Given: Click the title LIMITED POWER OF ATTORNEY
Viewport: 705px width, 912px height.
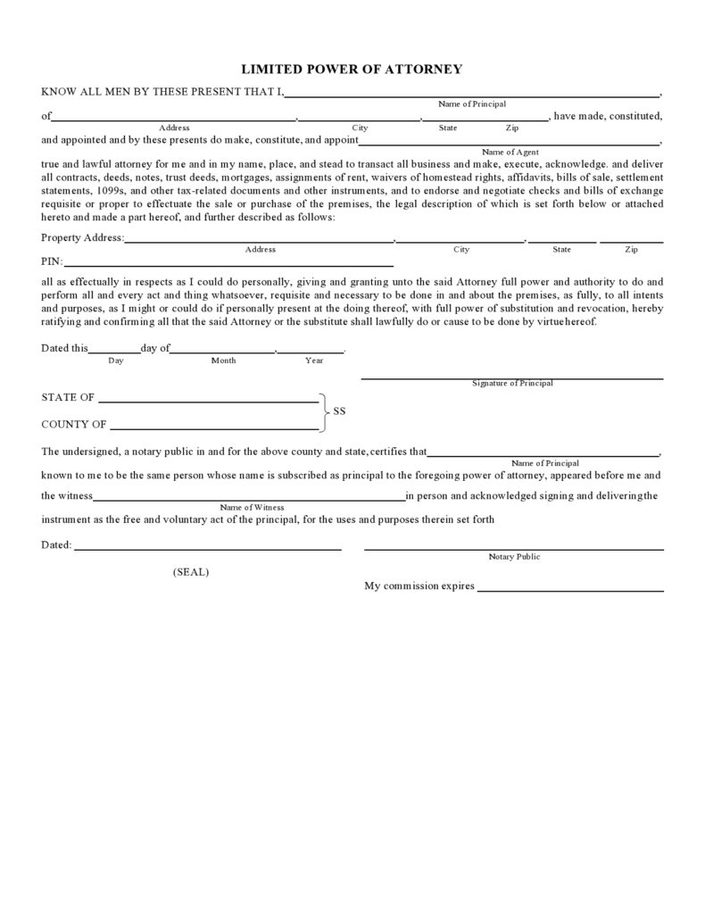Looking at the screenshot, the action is pos(352,69).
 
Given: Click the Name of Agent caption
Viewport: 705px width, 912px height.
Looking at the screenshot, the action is pos(510,152).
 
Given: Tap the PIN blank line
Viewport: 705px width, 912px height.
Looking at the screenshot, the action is pos(228,265).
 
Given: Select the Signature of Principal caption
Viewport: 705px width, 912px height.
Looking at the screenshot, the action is pos(512,383).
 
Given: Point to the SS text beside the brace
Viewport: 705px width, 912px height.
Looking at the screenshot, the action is pos(339,412).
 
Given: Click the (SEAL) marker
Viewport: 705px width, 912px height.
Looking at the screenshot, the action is pos(191,572).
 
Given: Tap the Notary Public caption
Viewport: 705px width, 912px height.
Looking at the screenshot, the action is pos(514,557).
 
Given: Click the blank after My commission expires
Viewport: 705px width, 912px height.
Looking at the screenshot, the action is pos(570,590).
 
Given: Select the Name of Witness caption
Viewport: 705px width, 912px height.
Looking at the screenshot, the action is pos(253,507).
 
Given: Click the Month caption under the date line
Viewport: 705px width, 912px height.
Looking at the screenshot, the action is pos(223,361).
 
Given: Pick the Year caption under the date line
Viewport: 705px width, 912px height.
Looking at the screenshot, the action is pos(314,361).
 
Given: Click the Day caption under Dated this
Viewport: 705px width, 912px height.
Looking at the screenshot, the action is pos(116,361).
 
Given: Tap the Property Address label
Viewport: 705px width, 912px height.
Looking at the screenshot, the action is pos(83,238).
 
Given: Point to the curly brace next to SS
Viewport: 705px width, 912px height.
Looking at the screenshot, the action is pos(324,412).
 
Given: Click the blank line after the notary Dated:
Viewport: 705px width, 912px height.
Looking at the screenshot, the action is pos(208,548).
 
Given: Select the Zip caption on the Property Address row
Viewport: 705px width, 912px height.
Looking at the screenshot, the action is pos(631,250).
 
